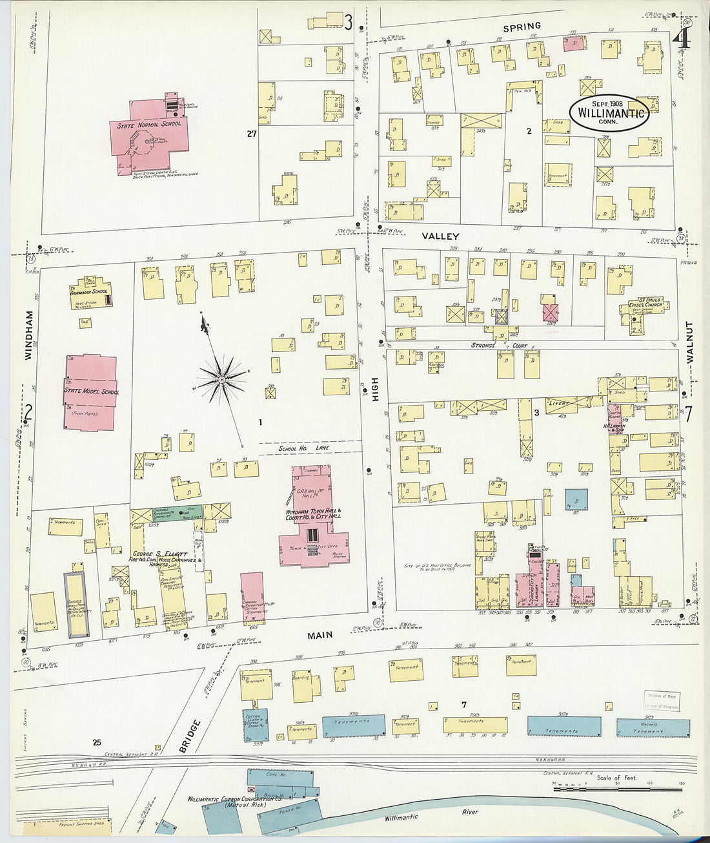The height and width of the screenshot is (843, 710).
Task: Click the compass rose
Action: tap(222, 378)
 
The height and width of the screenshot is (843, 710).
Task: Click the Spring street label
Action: tap(522, 26)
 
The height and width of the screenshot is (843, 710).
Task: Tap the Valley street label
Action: tap(440, 237)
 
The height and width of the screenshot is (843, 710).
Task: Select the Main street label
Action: tap(319, 635)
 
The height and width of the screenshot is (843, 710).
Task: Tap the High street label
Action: tap(375, 390)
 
